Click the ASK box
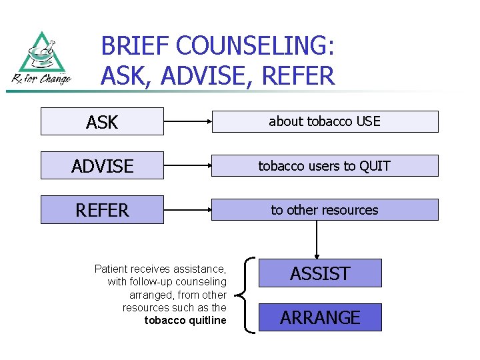[102, 122]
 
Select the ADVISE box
[102, 165]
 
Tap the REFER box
[102, 210]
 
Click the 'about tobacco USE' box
[325, 121]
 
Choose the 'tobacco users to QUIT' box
[325, 165]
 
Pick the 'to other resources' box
[325, 210]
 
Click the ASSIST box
[320, 273]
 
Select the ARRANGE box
[320, 317]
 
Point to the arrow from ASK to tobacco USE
[187, 122]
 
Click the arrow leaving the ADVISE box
[187, 165]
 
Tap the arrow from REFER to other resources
[187, 210]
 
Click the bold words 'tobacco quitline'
[185, 321]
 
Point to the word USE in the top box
[368, 121]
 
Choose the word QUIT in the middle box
[375, 165]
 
